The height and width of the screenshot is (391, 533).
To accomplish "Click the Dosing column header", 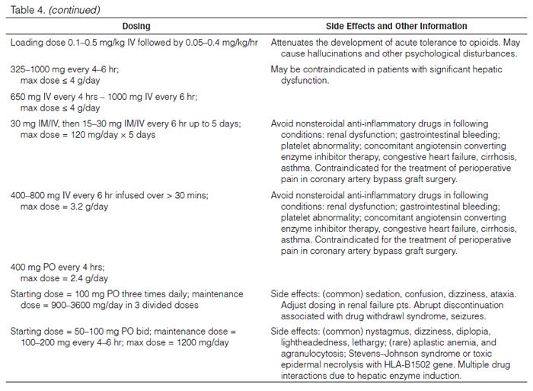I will [136, 26].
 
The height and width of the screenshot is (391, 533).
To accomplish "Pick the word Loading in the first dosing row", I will [27, 42].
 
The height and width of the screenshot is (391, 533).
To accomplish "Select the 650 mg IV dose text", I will [35, 95].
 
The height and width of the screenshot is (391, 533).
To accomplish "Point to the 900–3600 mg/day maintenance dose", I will [79, 305].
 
